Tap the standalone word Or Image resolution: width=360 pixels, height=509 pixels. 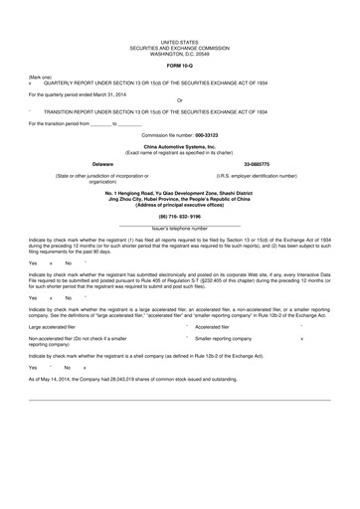click(179, 101)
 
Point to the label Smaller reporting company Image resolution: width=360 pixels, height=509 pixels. click(237, 339)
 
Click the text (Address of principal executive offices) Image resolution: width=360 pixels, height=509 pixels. click(180, 202)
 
